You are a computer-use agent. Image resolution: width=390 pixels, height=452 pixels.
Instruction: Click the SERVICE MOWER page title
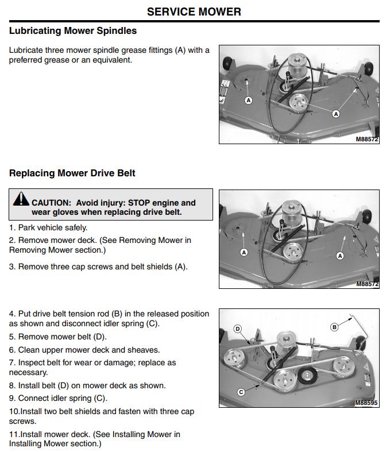[194, 11]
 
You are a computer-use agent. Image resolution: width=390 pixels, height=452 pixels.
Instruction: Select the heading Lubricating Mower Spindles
[73, 30]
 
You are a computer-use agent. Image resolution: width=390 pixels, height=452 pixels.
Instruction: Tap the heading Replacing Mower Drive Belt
[72, 173]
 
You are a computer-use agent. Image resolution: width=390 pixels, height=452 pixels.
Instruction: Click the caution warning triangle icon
[21, 200]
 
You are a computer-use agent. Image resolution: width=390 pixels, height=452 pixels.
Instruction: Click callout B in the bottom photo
[335, 327]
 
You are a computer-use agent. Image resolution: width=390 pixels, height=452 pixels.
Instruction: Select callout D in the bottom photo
[237, 329]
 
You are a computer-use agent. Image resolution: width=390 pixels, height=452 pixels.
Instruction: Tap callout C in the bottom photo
[241, 392]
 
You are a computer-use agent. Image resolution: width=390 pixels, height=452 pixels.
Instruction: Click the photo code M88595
[366, 403]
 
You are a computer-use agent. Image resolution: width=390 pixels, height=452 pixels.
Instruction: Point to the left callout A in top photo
[249, 100]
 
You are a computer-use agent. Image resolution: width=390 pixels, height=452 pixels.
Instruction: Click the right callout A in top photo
[337, 114]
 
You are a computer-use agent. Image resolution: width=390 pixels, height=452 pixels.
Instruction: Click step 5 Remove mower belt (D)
[57, 337]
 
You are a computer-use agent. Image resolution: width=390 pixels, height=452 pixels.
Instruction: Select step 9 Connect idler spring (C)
[58, 398]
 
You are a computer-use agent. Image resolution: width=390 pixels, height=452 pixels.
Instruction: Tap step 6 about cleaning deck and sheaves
[84, 350]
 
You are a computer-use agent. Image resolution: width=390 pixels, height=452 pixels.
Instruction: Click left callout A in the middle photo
[244, 253]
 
